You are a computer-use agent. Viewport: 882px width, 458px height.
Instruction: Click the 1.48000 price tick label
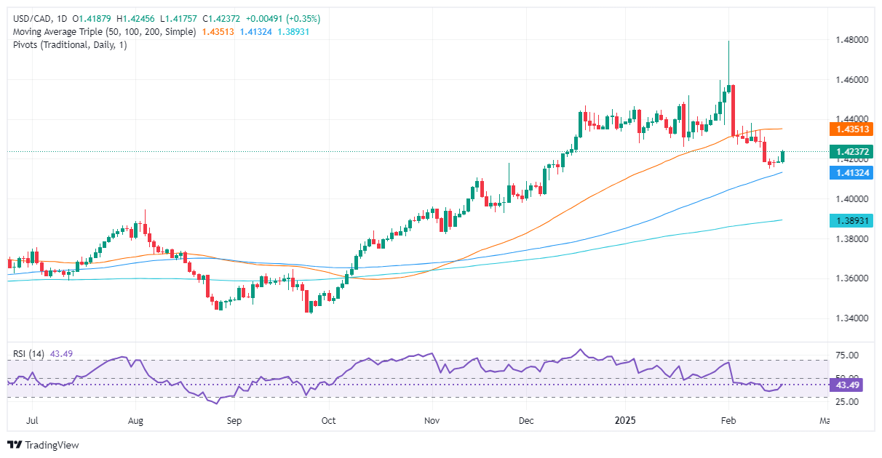click(x=853, y=40)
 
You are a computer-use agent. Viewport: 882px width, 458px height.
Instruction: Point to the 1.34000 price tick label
click(x=853, y=318)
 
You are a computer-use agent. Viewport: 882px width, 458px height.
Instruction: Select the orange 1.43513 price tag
click(x=853, y=129)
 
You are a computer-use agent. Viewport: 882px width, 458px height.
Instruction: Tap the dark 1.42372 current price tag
click(x=853, y=152)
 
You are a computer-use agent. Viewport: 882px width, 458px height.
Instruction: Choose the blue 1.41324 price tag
click(x=853, y=173)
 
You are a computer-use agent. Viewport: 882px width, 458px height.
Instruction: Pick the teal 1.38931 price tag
click(x=853, y=220)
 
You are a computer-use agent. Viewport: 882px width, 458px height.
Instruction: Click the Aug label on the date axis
click(x=135, y=420)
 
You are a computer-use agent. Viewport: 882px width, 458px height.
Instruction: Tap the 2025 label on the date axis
click(x=625, y=420)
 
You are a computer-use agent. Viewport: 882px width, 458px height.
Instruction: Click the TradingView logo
click(x=43, y=445)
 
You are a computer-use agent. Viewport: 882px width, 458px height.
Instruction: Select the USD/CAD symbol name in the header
click(x=31, y=18)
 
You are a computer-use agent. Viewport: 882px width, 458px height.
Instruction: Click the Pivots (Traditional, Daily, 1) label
click(x=70, y=45)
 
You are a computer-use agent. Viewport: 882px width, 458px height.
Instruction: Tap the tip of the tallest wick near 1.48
click(x=728, y=41)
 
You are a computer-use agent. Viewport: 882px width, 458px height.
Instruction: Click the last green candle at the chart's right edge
click(x=782, y=156)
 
